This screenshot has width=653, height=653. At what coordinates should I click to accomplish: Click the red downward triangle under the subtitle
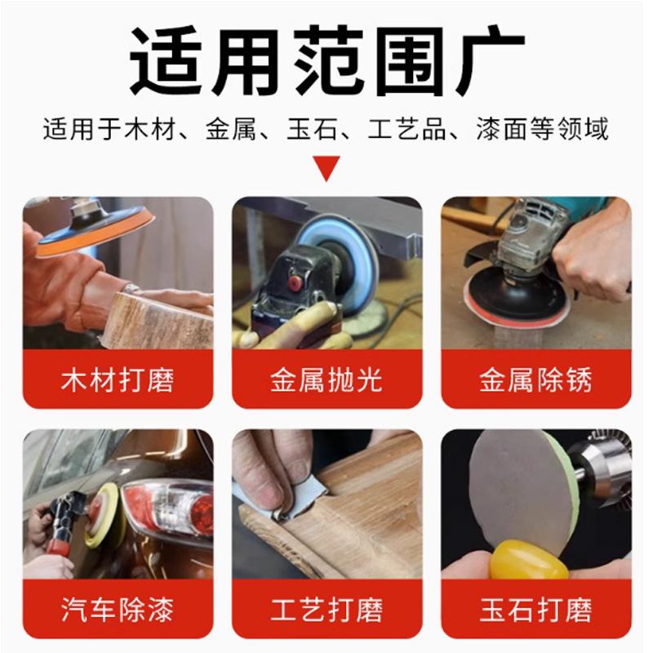tap(326, 168)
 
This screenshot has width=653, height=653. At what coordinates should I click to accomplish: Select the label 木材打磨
tap(118, 380)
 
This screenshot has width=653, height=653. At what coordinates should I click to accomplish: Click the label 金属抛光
tap(326, 380)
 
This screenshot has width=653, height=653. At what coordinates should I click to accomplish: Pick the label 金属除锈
tap(535, 380)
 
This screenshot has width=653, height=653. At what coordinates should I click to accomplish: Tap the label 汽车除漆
tap(118, 610)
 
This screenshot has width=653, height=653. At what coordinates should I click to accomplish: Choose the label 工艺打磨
tap(326, 610)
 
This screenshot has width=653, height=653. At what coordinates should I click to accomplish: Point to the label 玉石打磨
tap(535, 610)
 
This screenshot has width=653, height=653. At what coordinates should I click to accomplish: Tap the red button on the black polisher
tap(295, 283)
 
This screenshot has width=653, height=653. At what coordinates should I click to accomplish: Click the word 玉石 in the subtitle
tap(312, 129)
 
